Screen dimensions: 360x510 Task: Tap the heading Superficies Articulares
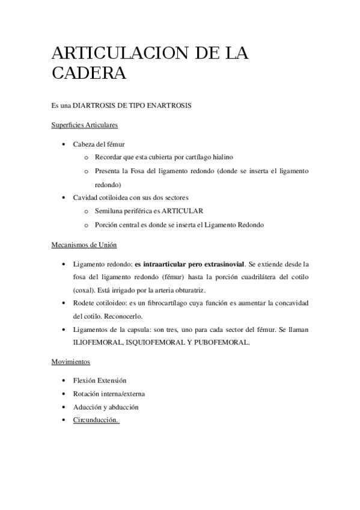(85, 125)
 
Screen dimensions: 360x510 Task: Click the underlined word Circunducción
(96, 420)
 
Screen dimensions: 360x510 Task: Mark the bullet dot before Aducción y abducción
(64, 407)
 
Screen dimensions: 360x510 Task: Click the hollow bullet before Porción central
(86, 225)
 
